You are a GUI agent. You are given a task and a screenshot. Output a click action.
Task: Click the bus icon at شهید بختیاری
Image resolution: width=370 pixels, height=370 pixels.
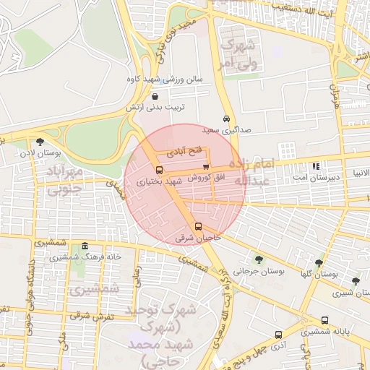pyautogui.click(x=160, y=171)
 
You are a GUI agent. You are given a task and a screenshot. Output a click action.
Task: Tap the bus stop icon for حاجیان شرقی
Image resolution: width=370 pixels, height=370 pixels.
pyautogui.click(x=199, y=227)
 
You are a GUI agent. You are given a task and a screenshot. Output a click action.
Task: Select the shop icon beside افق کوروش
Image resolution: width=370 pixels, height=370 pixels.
pyautogui.click(x=206, y=167)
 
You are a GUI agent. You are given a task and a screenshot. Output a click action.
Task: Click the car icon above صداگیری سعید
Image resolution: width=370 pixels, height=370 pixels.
pyautogui.click(x=227, y=119)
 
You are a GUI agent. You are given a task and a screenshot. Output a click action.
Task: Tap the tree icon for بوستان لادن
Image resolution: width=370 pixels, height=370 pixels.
pyautogui.click(x=39, y=142)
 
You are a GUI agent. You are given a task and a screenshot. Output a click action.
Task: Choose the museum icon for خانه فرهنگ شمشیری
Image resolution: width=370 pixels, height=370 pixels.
pyautogui.click(x=85, y=246)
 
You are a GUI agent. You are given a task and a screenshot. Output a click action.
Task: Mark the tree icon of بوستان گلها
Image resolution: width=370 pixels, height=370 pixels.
pyautogui.click(x=319, y=263)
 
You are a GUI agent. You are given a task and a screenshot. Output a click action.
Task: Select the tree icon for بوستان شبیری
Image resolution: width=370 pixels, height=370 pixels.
pyautogui.click(x=355, y=281)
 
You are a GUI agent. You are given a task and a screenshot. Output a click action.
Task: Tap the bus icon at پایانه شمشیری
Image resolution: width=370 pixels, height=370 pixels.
pyautogui.click(x=324, y=320)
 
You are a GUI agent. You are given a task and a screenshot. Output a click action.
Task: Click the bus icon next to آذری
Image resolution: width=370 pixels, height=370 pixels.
pyautogui.click(x=278, y=335)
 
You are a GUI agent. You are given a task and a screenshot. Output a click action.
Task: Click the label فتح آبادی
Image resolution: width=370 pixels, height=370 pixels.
pyautogui.click(x=181, y=152)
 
